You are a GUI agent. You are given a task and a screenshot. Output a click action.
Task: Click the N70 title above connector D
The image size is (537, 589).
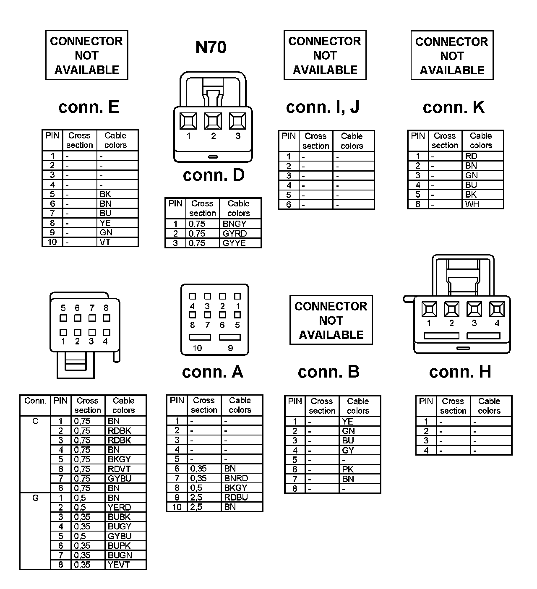pos(211,47)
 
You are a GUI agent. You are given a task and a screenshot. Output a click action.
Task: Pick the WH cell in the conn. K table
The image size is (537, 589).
pos(472,205)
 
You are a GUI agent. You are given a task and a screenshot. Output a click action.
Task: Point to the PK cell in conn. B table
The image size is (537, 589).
pos(348,469)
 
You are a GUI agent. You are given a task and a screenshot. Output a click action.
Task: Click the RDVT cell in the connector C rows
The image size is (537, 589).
pos(119,469)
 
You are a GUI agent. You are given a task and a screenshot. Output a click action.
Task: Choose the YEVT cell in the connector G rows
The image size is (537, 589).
pos(120,565)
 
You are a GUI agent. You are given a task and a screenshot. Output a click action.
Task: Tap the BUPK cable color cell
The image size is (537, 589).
pos(119,546)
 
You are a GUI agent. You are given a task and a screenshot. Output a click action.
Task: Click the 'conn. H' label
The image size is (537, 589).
pos(460,372)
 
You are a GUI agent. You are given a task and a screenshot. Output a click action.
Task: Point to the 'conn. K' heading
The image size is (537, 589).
pos(454,107)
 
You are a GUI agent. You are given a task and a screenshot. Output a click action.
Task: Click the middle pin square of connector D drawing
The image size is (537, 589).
pos(213,121)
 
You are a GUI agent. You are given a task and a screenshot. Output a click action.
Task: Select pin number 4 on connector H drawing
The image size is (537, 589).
pos(497,323)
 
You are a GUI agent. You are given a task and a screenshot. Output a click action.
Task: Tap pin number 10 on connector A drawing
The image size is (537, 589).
pos(197,348)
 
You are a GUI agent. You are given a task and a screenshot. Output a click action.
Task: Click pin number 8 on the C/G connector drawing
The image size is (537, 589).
pos(106,308)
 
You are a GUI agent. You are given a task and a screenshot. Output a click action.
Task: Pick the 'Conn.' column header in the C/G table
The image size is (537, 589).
pos(35,401)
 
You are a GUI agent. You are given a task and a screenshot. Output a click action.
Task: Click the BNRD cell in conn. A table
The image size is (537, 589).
pos(236,478)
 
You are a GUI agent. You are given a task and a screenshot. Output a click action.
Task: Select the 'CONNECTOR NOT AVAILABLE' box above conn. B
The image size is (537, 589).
pos(331,320)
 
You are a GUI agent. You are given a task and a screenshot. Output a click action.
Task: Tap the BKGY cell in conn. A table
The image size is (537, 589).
pos(236,488)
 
